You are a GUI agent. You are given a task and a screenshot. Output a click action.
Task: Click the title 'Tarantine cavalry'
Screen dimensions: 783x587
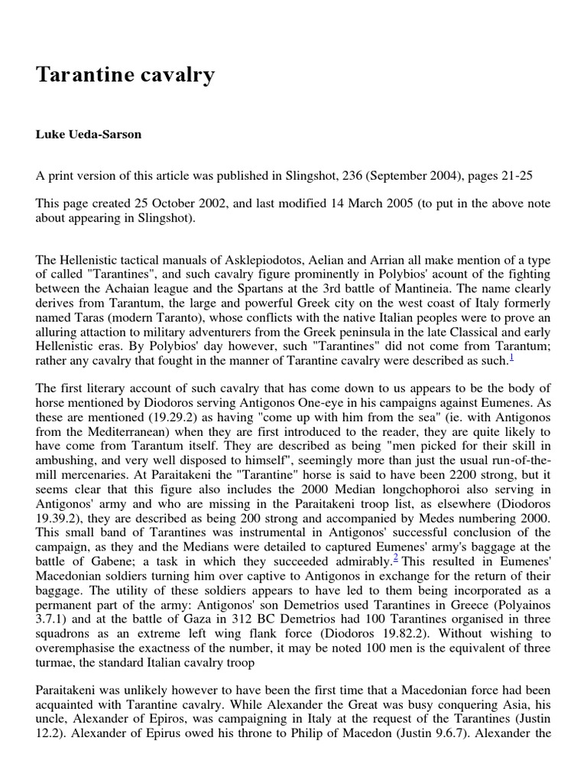tap(125, 76)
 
